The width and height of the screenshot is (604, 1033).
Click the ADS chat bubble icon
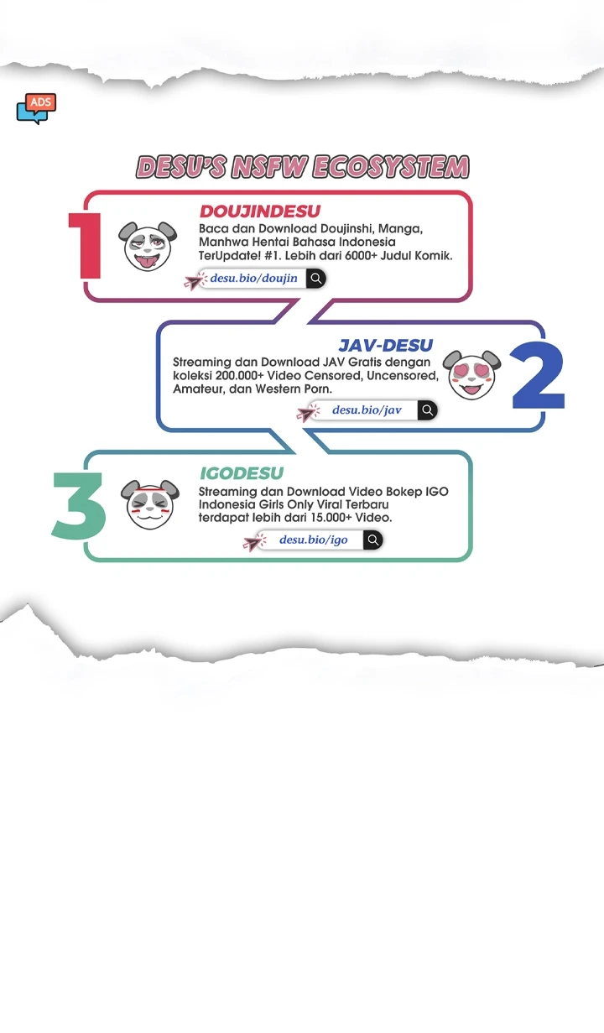36,109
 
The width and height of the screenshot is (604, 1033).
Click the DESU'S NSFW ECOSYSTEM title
303,166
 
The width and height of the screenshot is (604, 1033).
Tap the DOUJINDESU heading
260,211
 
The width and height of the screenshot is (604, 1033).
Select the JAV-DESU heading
385,345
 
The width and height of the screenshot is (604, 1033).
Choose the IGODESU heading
242,473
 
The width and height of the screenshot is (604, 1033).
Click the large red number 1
86,245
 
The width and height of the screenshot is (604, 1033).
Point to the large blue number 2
538,375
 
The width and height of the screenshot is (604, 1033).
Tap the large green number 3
79,505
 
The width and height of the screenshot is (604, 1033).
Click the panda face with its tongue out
148,246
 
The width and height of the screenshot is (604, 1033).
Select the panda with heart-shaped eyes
471,374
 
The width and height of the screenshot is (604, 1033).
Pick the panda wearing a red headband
150,504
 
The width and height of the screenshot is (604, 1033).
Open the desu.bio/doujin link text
253,279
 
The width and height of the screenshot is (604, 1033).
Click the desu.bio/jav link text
367,410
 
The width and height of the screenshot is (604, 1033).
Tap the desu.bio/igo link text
314,540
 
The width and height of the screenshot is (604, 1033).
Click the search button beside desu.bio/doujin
316,279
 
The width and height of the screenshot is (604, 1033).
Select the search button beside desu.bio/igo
373,540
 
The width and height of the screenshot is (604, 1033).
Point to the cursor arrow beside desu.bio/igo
254,542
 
